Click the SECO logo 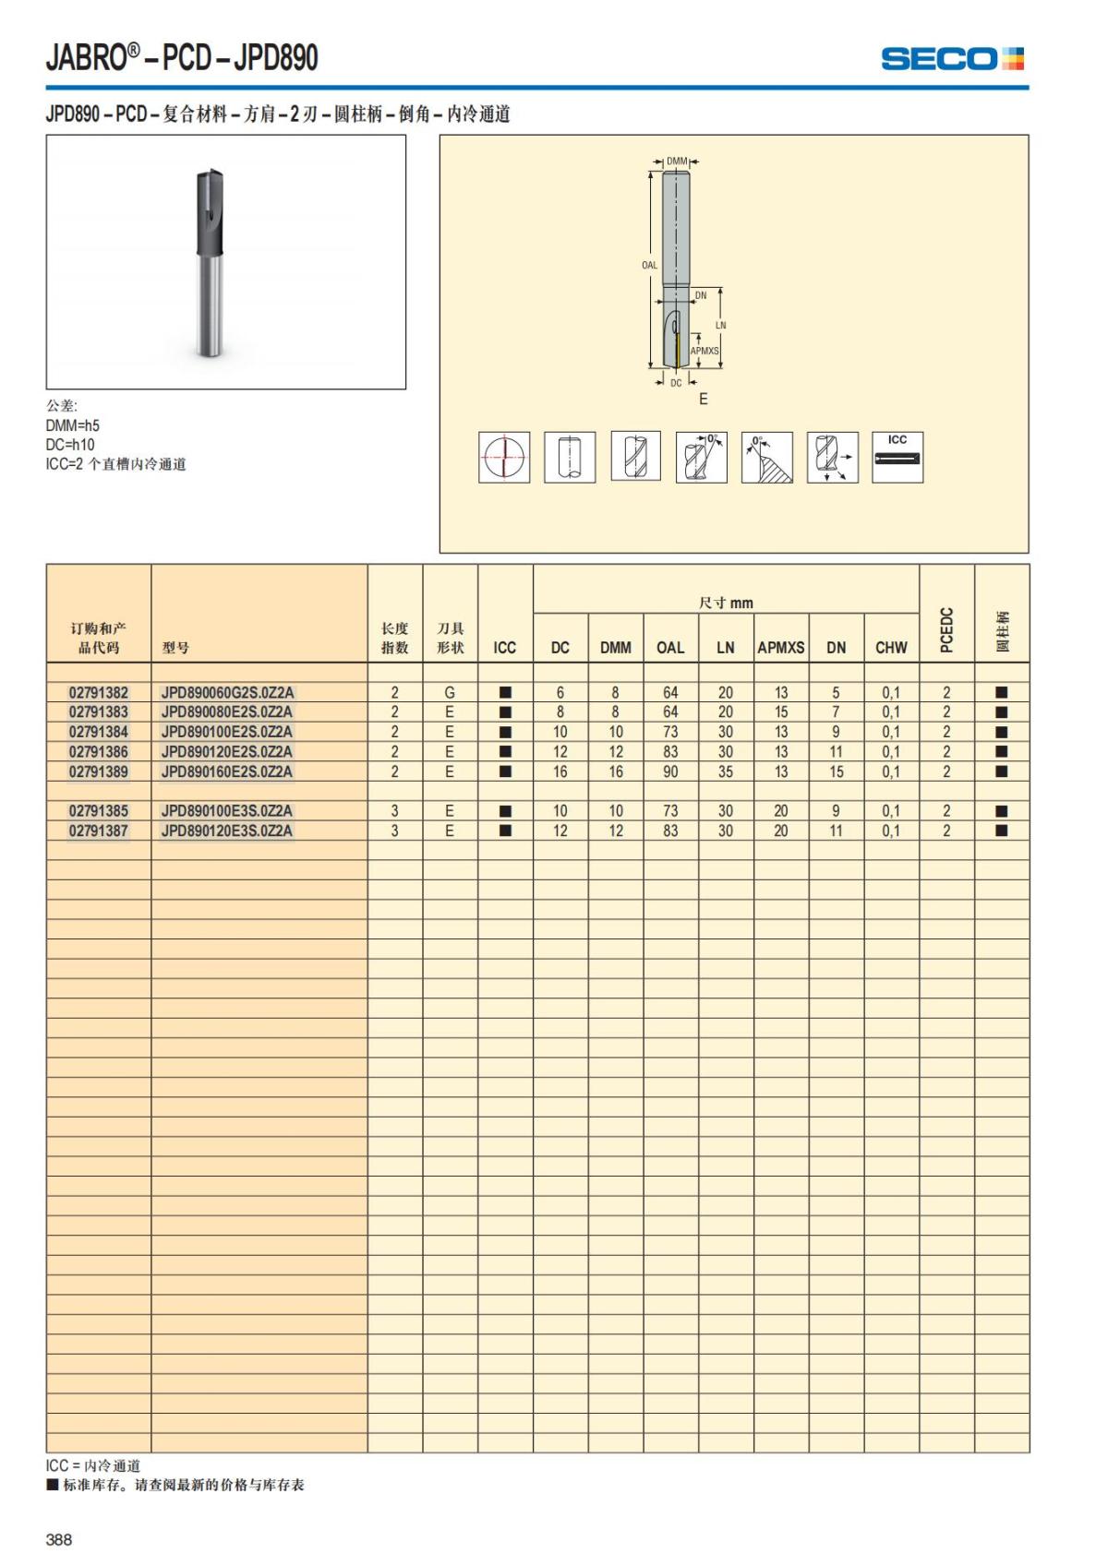pyautogui.click(x=952, y=59)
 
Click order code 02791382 pyautogui.click(x=99, y=692)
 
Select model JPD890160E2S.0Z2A pyautogui.click(x=227, y=771)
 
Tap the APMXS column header pyautogui.click(x=780, y=647)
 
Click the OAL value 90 pyautogui.click(x=670, y=771)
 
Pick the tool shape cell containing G pyautogui.click(x=450, y=692)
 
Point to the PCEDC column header pyautogui.click(x=946, y=629)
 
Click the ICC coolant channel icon pyautogui.click(x=897, y=457)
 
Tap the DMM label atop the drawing pyautogui.click(x=677, y=161)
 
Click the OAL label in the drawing pyautogui.click(x=650, y=265)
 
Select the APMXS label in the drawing pyautogui.click(x=705, y=351)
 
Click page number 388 pyautogui.click(x=59, y=1539)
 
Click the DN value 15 pyautogui.click(x=836, y=771)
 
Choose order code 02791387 pyautogui.click(x=99, y=831)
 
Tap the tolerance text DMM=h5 pyautogui.click(x=73, y=425)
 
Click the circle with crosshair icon pyautogui.click(x=504, y=457)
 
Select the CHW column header pyautogui.click(x=891, y=647)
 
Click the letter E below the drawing pyautogui.click(x=704, y=399)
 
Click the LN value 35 pyautogui.click(x=726, y=771)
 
